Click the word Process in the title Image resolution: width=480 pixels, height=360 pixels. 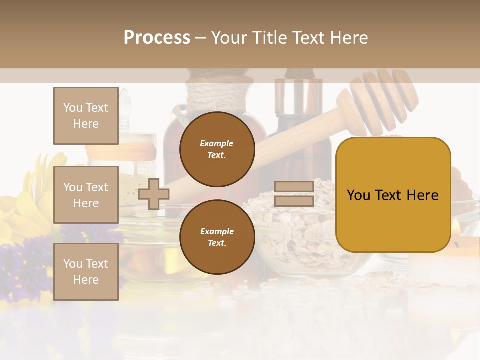pos(157,38)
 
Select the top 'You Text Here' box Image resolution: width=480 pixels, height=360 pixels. pos(86,116)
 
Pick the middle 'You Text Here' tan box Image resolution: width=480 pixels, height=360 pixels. pos(86,195)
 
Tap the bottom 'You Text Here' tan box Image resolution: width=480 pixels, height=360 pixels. pos(86,272)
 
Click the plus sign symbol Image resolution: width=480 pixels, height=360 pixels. pos(153,194)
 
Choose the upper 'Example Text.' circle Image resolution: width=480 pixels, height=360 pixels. pos(217,149)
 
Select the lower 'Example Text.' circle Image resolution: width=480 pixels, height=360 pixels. pos(217,237)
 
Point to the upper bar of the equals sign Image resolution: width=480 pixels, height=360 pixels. pos(294,186)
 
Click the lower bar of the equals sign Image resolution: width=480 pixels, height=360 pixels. pos(294,201)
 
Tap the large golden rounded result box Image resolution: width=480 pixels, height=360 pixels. pos(393,195)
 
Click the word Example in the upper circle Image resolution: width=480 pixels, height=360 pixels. pos(217,143)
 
